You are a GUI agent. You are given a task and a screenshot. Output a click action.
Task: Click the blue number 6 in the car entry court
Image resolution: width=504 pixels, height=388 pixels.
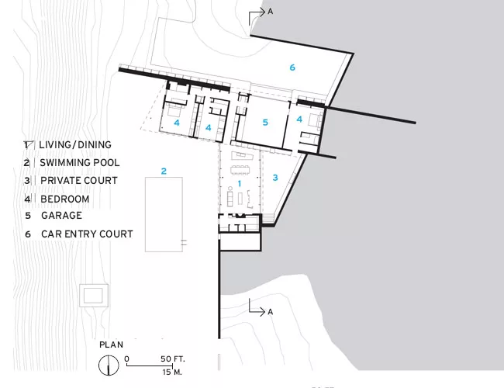(x=292, y=68)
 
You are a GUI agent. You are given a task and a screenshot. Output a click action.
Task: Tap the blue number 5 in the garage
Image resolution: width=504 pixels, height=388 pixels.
(x=265, y=123)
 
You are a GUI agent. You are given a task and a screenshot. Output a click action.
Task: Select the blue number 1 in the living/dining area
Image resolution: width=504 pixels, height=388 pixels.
(x=239, y=184)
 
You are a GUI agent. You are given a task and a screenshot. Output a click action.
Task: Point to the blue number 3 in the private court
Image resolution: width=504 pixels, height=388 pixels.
(x=275, y=178)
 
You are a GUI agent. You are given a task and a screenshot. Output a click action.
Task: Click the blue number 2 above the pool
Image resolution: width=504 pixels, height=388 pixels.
(x=164, y=171)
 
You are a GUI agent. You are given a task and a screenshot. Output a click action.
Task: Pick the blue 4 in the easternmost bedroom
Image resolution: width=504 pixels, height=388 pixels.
(x=299, y=120)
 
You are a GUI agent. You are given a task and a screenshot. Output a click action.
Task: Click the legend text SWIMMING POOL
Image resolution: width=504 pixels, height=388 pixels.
(x=79, y=163)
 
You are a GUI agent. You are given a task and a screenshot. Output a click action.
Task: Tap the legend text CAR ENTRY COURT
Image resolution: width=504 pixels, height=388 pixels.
(x=87, y=234)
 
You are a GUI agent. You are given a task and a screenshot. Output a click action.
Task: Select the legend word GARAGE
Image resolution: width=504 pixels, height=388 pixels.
(x=61, y=215)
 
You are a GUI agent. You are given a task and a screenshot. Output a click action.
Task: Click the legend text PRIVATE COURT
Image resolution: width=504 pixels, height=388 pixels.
(x=79, y=181)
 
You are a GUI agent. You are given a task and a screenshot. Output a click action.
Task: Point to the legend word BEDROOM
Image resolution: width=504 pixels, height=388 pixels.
(x=64, y=199)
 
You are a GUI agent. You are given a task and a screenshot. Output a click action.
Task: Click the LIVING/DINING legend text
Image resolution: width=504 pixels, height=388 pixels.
(x=75, y=145)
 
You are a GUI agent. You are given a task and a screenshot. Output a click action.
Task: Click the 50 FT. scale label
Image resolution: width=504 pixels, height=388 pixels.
(x=173, y=359)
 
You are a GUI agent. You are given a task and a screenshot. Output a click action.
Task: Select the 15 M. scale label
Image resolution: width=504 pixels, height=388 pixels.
(x=172, y=372)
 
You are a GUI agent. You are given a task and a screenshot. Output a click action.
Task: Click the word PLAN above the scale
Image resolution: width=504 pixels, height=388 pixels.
(x=111, y=345)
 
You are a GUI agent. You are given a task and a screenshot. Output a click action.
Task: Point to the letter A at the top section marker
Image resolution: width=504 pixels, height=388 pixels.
(x=271, y=12)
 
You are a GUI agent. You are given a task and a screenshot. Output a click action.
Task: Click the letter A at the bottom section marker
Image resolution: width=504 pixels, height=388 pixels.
(x=271, y=312)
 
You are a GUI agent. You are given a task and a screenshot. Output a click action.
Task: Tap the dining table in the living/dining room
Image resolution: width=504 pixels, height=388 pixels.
(x=240, y=168)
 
